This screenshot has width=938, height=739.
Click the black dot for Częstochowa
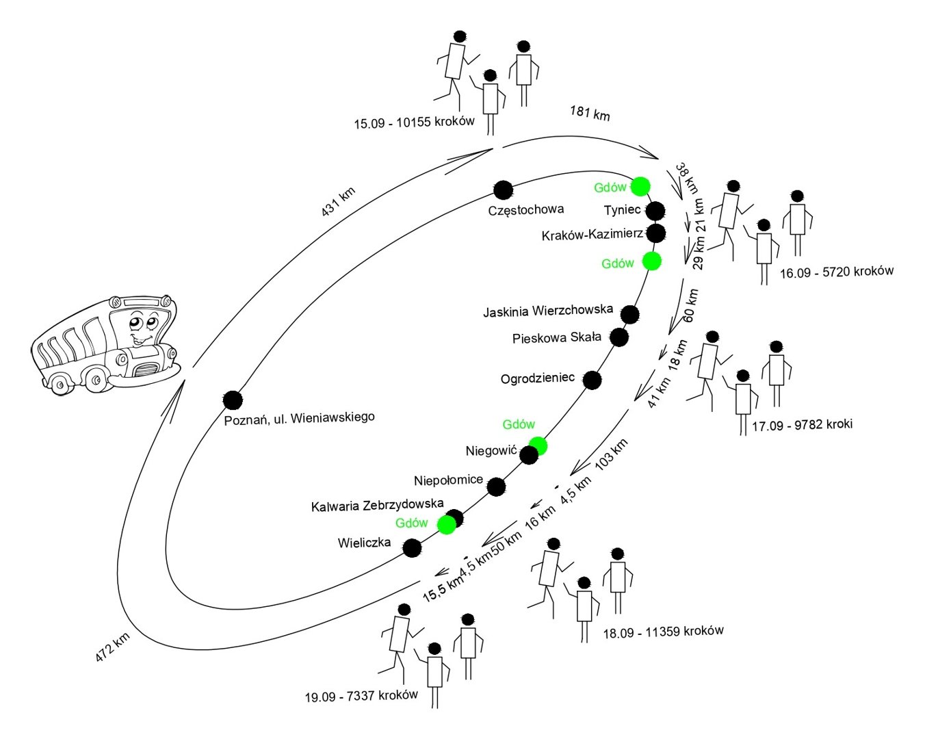pos(503,190)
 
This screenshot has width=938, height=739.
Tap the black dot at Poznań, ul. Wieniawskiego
pos(233,400)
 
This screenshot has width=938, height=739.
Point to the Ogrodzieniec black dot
pos(592,380)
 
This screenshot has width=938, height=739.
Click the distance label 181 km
pos(590,113)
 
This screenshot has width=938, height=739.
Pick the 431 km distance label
pos(339,203)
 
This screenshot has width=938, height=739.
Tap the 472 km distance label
pos(113,647)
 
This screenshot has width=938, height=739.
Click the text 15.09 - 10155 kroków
pos(414,122)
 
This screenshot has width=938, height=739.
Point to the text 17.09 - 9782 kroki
pos(802,425)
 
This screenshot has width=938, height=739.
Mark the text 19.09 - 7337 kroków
pos(361,696)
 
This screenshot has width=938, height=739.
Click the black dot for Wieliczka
pos(411,548)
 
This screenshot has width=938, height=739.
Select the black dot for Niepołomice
pos(496,487)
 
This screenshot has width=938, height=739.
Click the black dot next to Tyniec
pos(655,211)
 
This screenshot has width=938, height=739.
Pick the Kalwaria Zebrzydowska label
pos(377,506)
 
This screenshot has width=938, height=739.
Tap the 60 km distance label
pos(690,305)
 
